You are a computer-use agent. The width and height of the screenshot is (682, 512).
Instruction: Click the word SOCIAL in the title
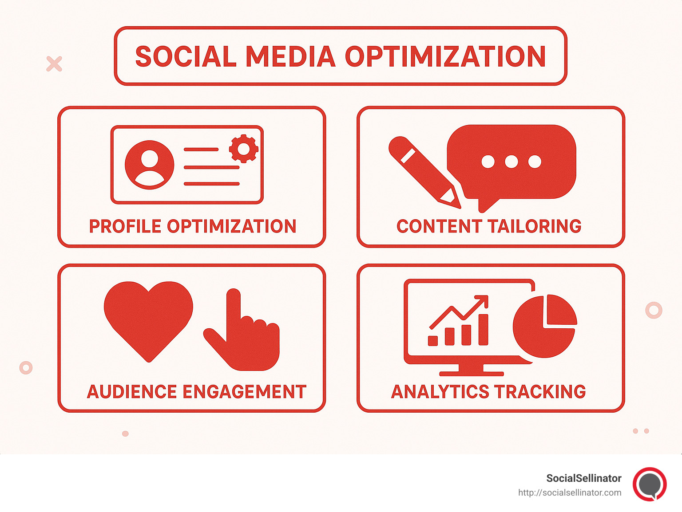(186, 57)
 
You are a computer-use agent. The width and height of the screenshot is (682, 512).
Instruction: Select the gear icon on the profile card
(243, 149)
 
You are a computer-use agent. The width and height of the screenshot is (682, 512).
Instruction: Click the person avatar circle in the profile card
(149, 165)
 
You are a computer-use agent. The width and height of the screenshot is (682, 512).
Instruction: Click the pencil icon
(422, 171)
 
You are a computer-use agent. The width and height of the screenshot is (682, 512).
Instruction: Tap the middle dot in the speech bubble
(511, 161)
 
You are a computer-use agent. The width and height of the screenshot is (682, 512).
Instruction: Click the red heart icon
(148, 317)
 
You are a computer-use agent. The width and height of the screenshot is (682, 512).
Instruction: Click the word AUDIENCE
(132, 392)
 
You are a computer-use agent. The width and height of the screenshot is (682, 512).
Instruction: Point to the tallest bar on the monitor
(483, 329)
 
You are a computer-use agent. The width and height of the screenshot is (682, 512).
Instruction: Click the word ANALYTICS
(440, 392)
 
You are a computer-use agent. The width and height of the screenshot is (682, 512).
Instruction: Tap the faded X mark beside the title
(54, 64)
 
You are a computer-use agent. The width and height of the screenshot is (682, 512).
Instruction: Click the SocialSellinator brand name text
(583, 478)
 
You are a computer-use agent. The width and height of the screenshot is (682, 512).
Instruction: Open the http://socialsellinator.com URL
(570, 492)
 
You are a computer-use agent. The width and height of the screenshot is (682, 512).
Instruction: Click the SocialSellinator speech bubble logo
(650, 484)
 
